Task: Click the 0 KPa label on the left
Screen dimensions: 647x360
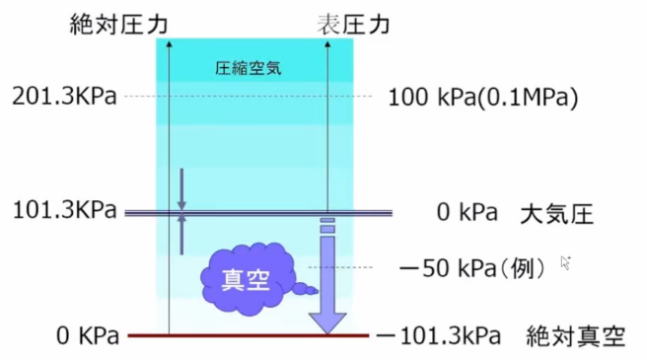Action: tap(88, 336)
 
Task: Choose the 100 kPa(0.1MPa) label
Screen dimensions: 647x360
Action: tap(482, 98)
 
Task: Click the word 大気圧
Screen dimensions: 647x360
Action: tap(556, 213)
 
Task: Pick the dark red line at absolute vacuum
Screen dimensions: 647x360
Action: tap(247, 336)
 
